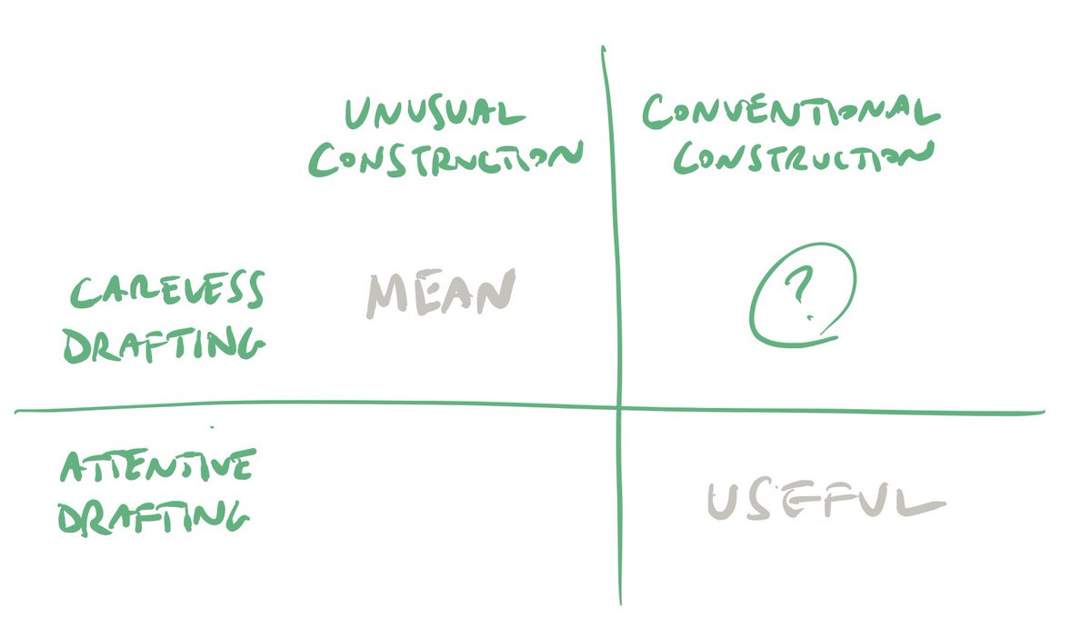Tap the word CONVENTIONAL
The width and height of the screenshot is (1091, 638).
789,112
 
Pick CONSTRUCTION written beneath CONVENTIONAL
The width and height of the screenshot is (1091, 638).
806,157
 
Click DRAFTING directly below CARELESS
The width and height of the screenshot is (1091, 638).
165,345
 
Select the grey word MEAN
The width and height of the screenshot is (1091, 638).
440,294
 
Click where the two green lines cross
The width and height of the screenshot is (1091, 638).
618,408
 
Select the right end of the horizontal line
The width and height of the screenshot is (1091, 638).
1042,414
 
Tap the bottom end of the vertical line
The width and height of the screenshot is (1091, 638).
621,603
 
